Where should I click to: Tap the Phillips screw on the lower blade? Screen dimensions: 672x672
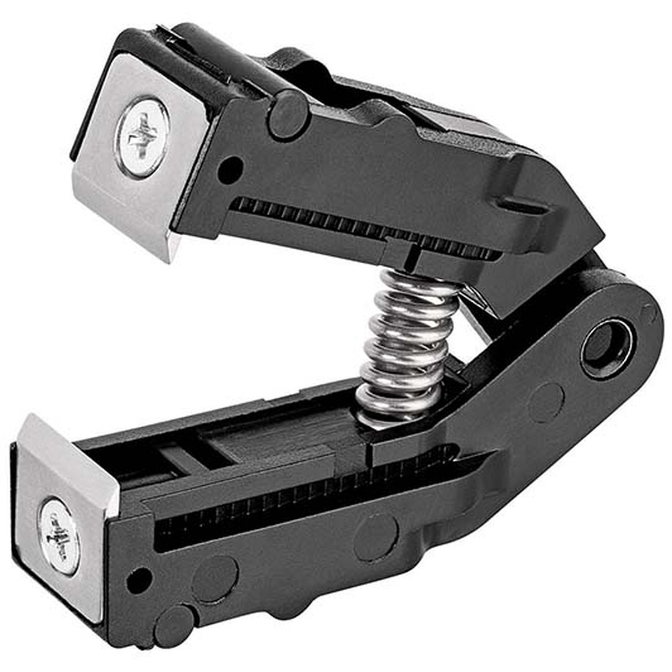pyautogui.click(x=59, y=536)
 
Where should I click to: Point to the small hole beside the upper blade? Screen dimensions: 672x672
pyautogui.click(x=230, y=168)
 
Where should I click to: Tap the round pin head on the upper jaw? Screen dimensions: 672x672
pyautogui.click(x=288, y=115)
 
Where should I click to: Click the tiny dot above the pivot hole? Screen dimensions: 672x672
pyautogui.click(x=648, y=312)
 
